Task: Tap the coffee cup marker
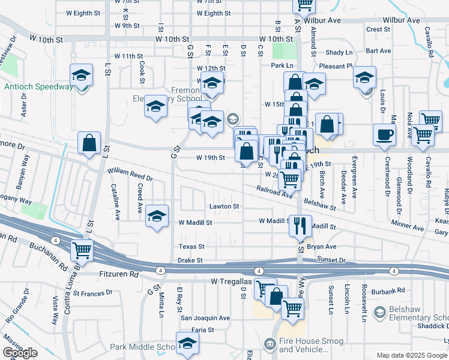(x=384, y=135)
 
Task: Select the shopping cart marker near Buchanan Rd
(x=82, y=250)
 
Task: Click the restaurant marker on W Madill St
(x=300, y=226)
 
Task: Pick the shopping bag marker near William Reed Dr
(x=89, y=144)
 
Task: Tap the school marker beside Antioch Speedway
(x=81, y=76)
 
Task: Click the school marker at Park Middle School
(x=187, y=344)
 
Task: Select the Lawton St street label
(x=224, y=206)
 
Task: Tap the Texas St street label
(x=191, y=246)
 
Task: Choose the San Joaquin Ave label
(x=206, y=318)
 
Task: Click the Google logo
(x=20, y=353)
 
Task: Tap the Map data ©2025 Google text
(x=411, y=355)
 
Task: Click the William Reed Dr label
(x=130, y=175)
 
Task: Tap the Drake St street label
(x=191, y=260)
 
